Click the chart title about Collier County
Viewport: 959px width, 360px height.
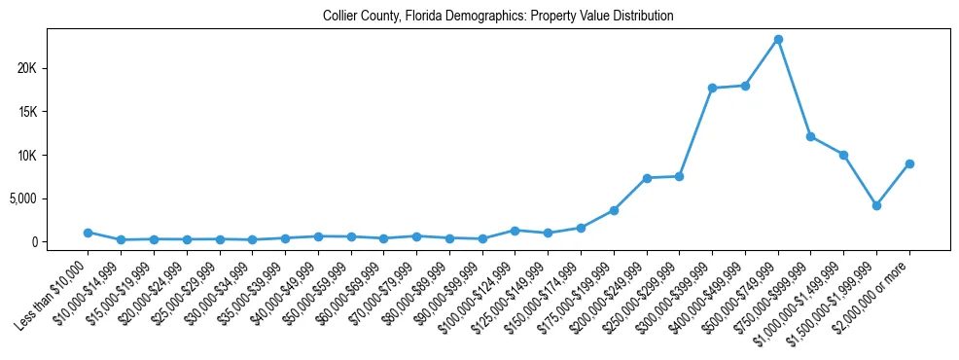498,17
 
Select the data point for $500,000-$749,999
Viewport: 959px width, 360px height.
778,40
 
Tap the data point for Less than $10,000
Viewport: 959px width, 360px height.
89,233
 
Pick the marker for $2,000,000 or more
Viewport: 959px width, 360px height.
909,163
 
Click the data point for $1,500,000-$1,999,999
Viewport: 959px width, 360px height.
876,205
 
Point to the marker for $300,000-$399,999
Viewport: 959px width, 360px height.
712,88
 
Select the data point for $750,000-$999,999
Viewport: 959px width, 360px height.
810,136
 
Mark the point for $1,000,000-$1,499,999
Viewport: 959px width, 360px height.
843,155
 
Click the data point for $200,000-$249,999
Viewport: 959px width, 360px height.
647,178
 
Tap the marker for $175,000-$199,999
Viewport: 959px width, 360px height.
614,210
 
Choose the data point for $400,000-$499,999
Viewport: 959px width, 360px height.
745,86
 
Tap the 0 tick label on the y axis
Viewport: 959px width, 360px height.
59,242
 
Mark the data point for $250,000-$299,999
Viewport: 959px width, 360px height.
679,176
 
